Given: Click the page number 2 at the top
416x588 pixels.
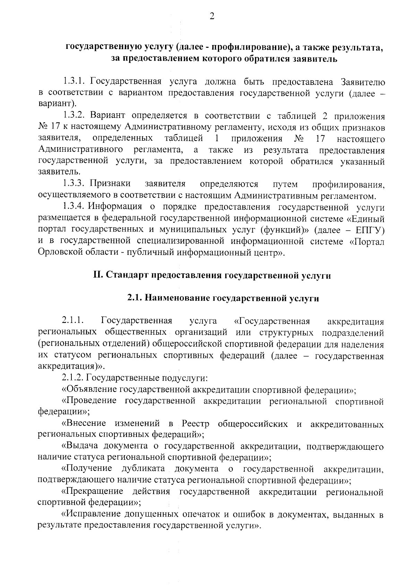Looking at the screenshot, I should (x=211, y=17).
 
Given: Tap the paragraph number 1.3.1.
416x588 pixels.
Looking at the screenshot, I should (x=75, y=82).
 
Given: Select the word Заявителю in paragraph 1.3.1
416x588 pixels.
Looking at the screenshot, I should (x=363, y=82).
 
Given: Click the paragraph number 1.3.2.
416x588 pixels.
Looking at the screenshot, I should (x=75, y=115).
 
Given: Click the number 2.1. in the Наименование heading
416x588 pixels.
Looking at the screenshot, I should (x=133, y=298).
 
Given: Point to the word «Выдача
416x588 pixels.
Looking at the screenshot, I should (x=79, y=447).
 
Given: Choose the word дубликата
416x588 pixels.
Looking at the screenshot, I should (x=143, y=469).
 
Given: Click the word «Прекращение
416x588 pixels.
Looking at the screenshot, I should (x=92, y=492).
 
